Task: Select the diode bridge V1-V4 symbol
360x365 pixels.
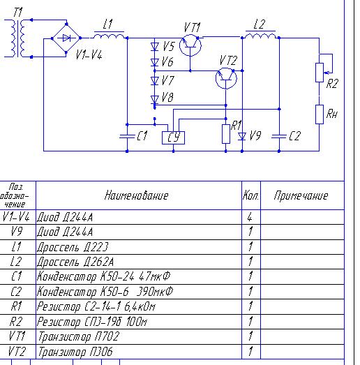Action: pos(66,38)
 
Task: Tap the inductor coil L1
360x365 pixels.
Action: pos(109,36)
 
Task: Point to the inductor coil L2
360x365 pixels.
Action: pos(261,36)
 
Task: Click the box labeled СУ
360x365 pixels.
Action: pos(173,137)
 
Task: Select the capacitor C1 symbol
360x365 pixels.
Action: pos(127,136)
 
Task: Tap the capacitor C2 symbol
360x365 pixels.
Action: pos(279,136)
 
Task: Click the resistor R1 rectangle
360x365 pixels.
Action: pos(226,134)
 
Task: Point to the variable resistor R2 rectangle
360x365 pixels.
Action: pos(320,73)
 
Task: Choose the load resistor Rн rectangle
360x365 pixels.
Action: pos(320,114)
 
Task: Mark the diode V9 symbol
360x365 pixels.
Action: pos(242,136)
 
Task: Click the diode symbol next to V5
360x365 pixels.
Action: pos(155,47)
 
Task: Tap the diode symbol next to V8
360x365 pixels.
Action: pos(155,100)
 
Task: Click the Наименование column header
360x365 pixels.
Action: pos(136,195)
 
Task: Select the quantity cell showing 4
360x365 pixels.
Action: pos(250,217)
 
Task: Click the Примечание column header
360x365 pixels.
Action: pos(301,195)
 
